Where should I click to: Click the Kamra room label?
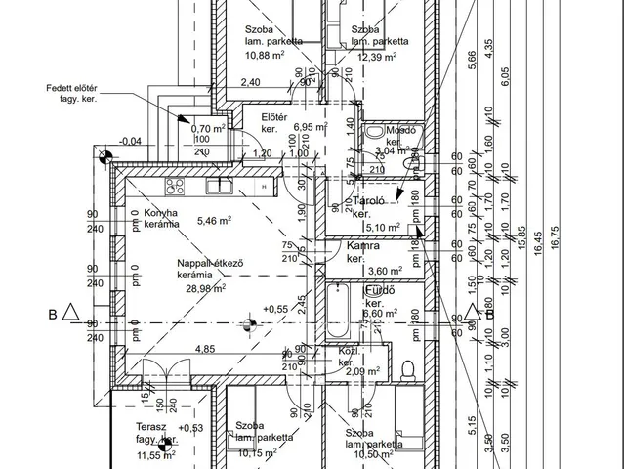click(x=362, y=246)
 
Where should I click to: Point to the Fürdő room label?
click(x=379, y=291)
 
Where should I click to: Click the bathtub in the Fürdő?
click(x=338, y=311)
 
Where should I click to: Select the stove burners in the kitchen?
click(x=175, y=184)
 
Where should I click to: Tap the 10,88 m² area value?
click(x=265, y=57)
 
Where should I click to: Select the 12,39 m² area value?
click(x=377, y=57)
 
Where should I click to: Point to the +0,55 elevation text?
click(x=276, y=309)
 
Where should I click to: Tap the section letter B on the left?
click(x=52, y=314)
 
